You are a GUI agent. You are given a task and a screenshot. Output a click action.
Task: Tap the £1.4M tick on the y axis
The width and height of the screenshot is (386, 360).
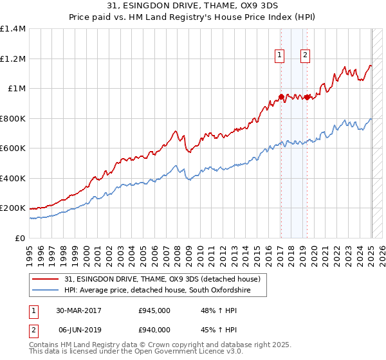click(13, 29)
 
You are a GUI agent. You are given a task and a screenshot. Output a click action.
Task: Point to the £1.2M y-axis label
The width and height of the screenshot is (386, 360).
click(13, 59)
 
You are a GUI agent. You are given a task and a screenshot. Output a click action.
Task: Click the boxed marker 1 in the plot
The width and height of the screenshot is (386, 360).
click(280, 56)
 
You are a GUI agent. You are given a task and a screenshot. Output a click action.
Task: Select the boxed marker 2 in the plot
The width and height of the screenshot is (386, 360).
click(304, 56)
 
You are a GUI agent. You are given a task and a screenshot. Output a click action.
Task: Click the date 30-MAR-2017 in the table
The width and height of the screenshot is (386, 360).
click(78, 310)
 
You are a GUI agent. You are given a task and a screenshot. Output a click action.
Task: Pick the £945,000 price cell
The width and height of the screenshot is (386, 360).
click(154, 310)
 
